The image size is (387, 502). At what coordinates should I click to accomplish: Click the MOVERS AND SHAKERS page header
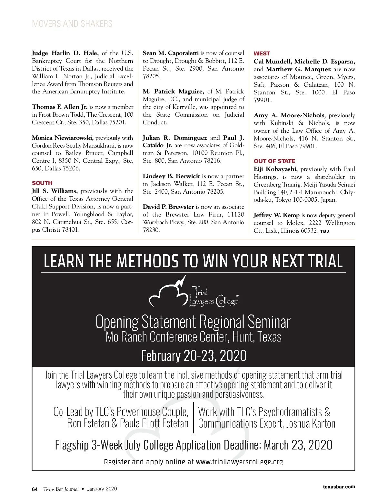(72, 24)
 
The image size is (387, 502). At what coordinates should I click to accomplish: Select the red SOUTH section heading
(42, 183)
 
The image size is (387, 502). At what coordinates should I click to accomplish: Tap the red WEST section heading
(262, 53)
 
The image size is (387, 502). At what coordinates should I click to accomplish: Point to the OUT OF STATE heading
(274, 161)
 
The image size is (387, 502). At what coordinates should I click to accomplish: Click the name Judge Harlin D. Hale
(65, 53)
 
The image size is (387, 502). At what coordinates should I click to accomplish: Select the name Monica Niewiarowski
(63, 138)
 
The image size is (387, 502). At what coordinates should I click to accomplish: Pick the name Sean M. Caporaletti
(171, 53)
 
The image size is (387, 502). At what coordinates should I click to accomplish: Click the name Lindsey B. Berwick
(171, 176)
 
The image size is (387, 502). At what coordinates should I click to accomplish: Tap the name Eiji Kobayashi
(275, 169)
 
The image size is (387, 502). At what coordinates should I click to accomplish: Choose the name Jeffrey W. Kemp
(276, 215)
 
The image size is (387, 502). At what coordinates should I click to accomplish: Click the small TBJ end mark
(324, 231)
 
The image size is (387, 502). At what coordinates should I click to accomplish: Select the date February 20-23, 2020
(193, 356)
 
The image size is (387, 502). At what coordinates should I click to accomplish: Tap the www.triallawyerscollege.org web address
(239, 462)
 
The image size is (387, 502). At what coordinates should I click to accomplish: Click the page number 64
(35, 489)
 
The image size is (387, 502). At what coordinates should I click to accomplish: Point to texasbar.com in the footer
(339, 487)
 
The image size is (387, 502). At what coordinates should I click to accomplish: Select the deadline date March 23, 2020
(298, 445)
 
